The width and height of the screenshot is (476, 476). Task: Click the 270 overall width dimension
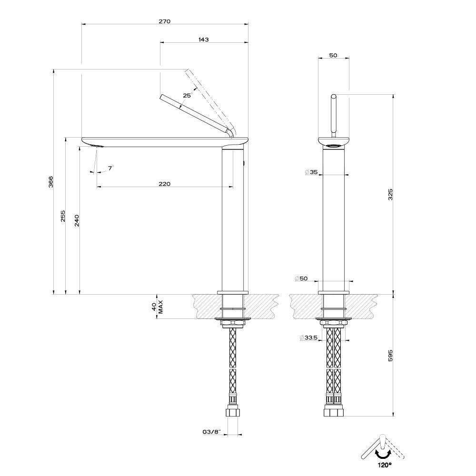click(165, 21)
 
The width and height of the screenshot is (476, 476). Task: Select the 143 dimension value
click(204, 40)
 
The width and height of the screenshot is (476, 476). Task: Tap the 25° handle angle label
click(187, 96)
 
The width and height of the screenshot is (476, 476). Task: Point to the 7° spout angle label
click(110, 168)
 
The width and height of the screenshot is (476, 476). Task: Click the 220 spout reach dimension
click(165, 184)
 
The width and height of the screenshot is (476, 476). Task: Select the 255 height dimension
click(63, 217)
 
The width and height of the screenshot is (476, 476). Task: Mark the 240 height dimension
click(77, 220)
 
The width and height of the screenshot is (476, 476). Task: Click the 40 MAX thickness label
click(158, 306)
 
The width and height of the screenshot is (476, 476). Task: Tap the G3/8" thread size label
click(210, 432)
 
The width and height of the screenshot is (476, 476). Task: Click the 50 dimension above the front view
click(333, 56)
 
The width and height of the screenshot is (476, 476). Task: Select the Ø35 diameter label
click(311, 172)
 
